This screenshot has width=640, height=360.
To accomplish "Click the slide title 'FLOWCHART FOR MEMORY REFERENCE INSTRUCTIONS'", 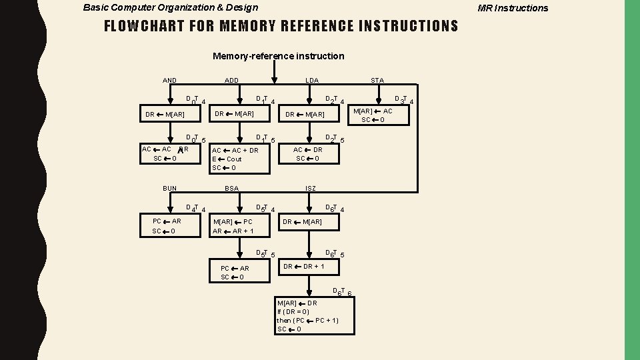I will [281, 27].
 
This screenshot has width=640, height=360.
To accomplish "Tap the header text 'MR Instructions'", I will [513, 8].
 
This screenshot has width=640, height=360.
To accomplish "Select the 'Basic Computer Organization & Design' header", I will [170, 8].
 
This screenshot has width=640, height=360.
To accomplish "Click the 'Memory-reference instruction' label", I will [278, 56].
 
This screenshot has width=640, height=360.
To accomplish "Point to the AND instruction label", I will [170, 81].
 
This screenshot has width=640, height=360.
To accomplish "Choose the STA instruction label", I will [377, 81].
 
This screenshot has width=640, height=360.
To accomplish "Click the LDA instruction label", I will [311, 81].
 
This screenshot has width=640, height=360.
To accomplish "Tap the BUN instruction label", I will [170, 189].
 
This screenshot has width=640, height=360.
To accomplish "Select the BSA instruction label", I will [231, 189].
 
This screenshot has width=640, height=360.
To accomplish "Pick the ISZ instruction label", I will [311, 189].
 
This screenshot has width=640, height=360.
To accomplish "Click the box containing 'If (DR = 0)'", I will [315, 315].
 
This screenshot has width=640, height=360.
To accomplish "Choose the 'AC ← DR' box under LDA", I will [308, 154].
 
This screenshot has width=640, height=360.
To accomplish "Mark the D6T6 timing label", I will [341, 291].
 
